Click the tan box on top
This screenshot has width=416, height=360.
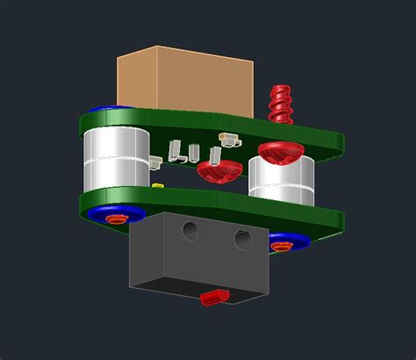point(184,79)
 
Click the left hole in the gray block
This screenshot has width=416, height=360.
point(189,230)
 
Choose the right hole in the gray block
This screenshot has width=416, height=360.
point(242,238)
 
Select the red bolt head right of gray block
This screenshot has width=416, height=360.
point(281,246)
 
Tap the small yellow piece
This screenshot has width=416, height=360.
point(157,186)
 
